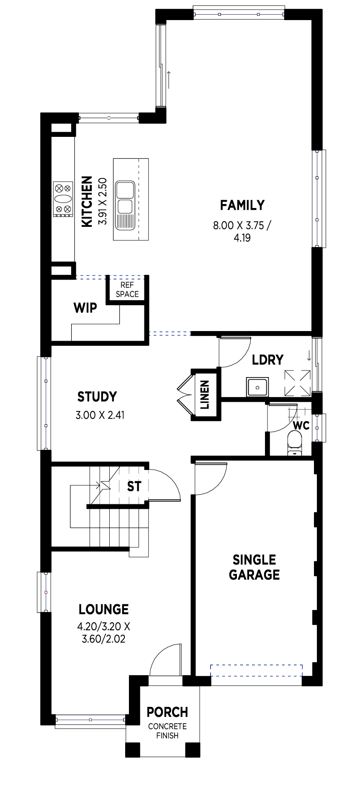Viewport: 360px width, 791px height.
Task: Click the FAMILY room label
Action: tap(242, 205)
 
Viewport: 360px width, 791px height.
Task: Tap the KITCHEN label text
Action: tap(87, 202)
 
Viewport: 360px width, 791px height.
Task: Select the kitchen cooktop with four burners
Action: tap(63, 199)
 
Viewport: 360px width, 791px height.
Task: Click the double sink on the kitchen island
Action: tap(125, 205)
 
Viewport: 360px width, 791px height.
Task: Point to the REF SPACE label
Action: tap(127, 290)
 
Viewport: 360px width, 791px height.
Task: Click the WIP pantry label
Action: tap(85, 308)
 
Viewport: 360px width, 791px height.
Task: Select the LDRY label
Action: tap(267, 360)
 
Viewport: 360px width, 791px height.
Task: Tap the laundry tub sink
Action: tap(257, 386)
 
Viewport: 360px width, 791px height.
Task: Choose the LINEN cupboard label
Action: tap(205, 395)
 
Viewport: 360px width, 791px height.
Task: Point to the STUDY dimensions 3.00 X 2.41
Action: tap(100, 415)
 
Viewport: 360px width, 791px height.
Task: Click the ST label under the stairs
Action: tap(134, 486)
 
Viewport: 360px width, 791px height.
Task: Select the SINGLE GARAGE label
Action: tap(255, 567)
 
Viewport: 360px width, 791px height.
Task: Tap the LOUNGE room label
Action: tap(104, 609)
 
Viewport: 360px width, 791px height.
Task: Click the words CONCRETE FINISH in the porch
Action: tap(167, 731)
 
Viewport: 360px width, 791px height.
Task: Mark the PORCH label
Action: tap(167, 712)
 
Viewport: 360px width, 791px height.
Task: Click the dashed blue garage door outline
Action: tap(256, 670)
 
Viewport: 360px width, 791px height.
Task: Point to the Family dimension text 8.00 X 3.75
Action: tap(242, 226)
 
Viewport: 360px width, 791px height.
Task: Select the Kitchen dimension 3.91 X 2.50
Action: tap(103, 202)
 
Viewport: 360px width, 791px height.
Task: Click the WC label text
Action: tap(301, 426)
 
